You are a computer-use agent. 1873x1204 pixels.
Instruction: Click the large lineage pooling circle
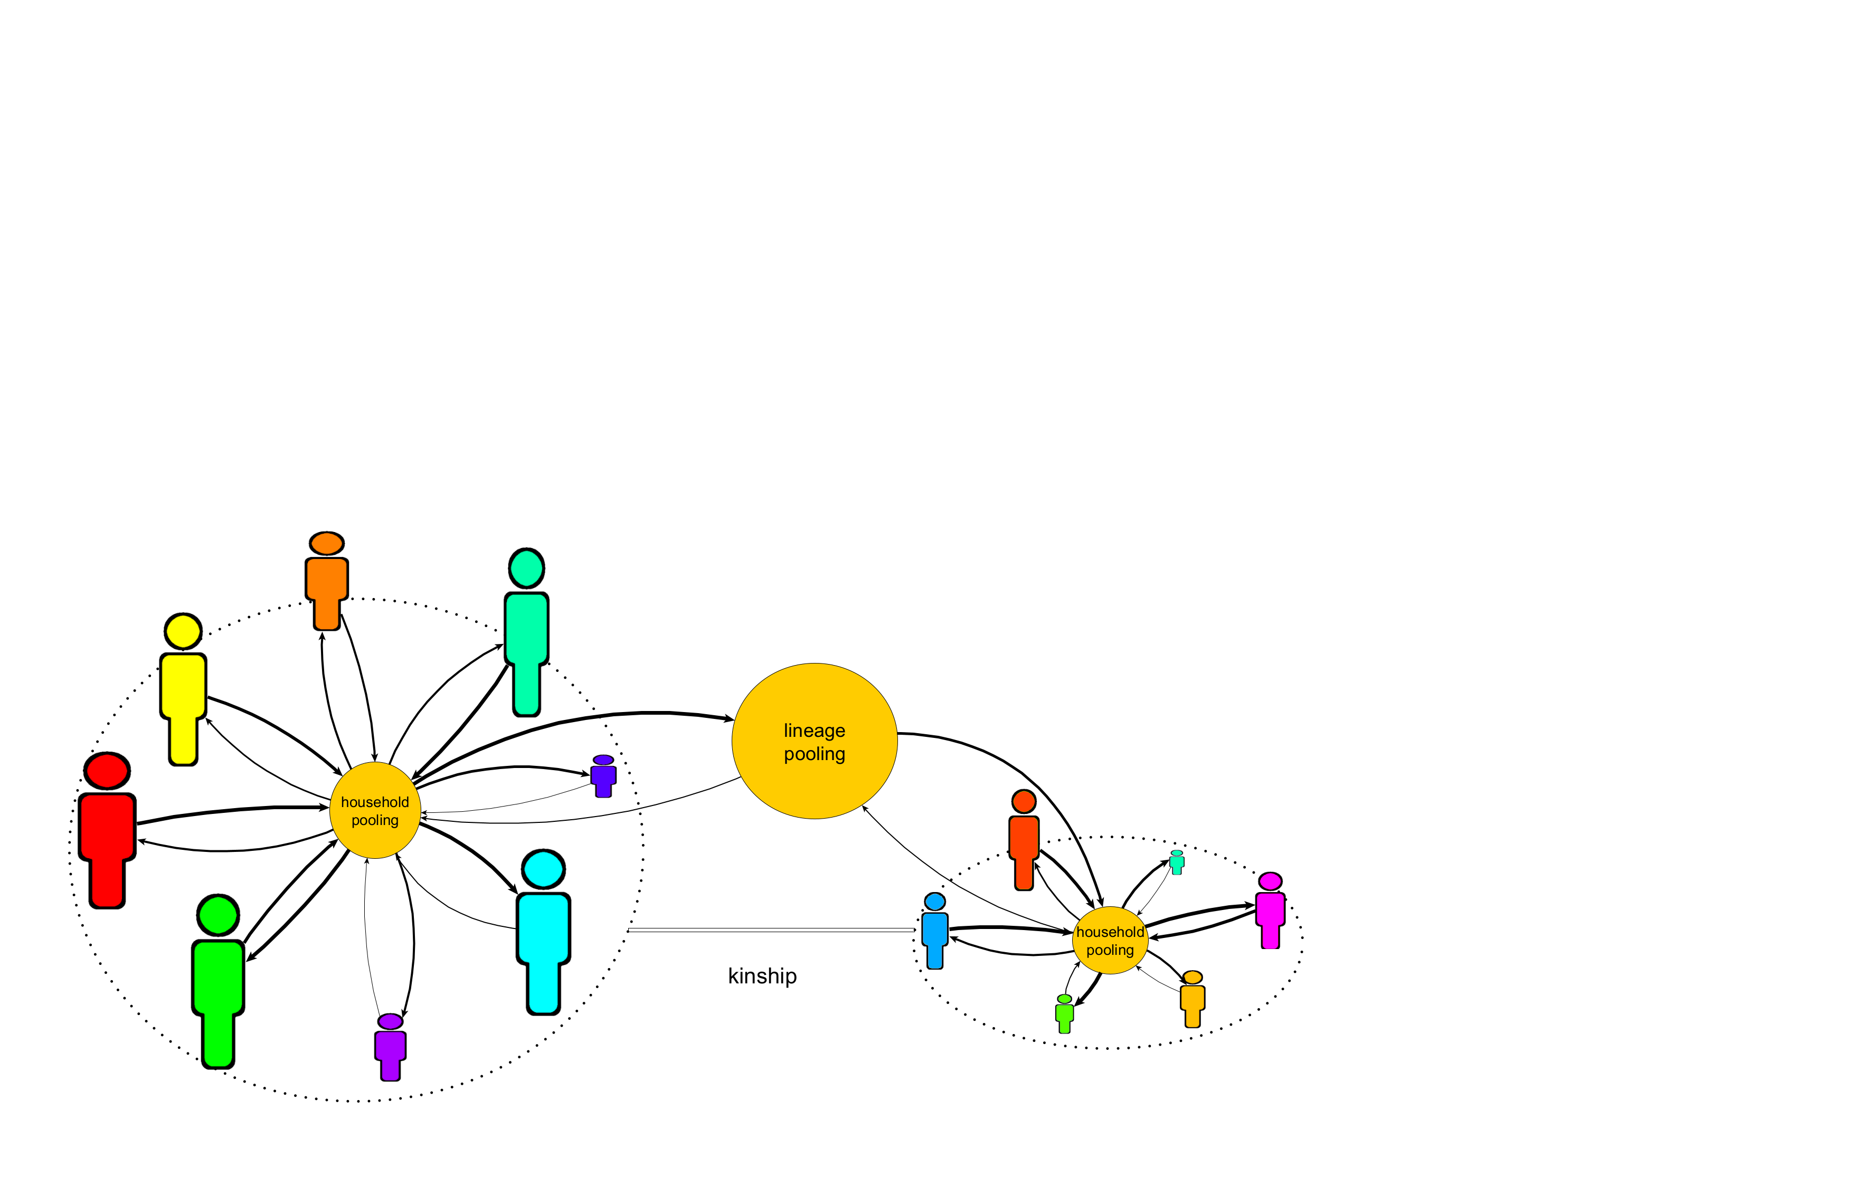click(x=814, y=741)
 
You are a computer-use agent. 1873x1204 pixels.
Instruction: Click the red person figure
click(x=107, y=830)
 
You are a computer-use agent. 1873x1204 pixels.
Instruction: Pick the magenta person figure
click(x=1270, y=910)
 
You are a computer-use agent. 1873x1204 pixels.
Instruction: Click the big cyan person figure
click(x=543, y=932)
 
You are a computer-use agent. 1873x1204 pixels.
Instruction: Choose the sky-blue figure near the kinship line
click(x=935, y=931)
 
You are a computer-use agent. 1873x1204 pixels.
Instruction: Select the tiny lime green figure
click(x=1064, y=1013)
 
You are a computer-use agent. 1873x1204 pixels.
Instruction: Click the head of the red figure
click(x=107, y=771)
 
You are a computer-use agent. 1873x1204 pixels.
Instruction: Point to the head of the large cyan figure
click(x=543, y=869)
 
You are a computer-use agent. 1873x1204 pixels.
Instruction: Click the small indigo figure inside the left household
click(x=603, y=775)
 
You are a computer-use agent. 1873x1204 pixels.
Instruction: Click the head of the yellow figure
click(x=183, y=631)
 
